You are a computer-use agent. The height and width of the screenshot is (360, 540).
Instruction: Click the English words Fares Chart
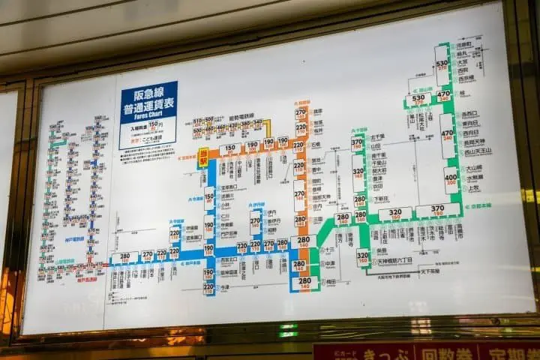tap(148, 115)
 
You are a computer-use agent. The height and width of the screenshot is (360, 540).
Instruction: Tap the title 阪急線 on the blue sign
tap(148, 93)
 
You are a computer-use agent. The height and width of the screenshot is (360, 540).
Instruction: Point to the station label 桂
tap(462, 94)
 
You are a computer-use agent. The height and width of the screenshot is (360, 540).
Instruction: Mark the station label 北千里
tap(377, 136)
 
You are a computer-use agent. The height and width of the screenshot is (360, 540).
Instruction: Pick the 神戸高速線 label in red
tap(87, 280)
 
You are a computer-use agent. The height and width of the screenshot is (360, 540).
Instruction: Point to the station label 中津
tap(330, 263)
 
